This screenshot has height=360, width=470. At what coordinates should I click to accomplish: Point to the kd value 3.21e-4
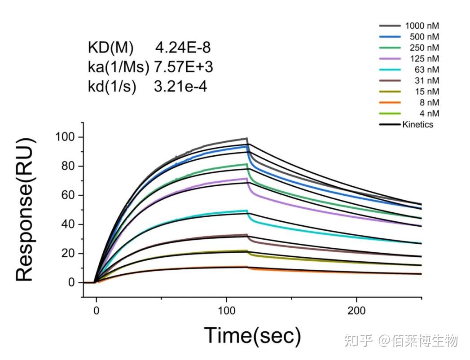tap(180, 87)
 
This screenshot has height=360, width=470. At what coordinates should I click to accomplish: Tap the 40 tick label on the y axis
tap(69, 224)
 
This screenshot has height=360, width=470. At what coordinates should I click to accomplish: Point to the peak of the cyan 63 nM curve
tap(246, 210)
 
